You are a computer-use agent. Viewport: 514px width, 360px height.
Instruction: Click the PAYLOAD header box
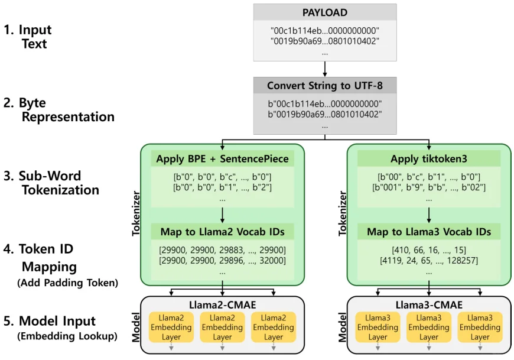(x=324, y=12)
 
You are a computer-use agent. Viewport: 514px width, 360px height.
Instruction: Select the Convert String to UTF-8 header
(x=324, y=86)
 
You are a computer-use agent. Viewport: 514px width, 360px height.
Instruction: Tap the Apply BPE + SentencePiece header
(x=222, y=158)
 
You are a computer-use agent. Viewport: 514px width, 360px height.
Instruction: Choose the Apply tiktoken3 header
(x=429, y=158)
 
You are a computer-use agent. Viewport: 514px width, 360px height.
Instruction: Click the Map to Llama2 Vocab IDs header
(x=222, y=231)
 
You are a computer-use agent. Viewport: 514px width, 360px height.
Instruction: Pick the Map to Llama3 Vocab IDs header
(x=429, y=231)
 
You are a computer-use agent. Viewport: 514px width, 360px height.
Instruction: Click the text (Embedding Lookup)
(x=67, y=336)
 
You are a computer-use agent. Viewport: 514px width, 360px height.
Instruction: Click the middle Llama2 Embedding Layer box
(x=222, y=327)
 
